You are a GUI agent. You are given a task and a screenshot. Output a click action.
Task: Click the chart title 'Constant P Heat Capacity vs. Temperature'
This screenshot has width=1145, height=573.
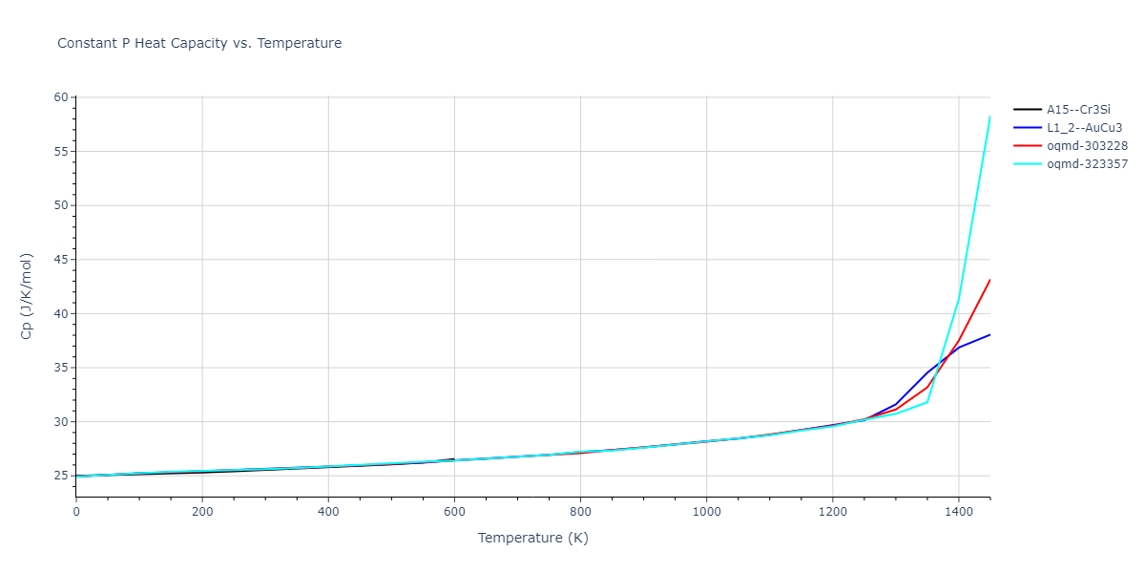(x=199, y=43)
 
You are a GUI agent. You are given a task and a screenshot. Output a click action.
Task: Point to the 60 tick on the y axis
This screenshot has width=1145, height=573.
(x=62, y=97)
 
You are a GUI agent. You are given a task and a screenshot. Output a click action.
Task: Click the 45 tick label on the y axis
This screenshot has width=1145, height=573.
(x=62, y=260)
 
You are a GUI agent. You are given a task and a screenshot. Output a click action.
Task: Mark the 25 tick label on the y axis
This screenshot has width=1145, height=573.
(x=62, y=476)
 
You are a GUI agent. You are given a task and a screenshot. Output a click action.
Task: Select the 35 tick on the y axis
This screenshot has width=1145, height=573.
(x=62, y=368)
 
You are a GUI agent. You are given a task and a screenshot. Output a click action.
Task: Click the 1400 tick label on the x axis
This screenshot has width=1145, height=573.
(x=958, y=512)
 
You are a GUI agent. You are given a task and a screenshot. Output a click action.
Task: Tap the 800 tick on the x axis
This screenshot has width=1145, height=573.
(x=580, y=512)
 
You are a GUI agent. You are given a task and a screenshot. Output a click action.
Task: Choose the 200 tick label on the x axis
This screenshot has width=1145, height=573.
(x=202, y=512)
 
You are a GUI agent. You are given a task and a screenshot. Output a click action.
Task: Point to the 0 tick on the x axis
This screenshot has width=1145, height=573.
(x=76, y=512)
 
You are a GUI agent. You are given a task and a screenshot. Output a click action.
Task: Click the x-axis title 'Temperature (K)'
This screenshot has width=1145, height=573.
(x=532, y=539)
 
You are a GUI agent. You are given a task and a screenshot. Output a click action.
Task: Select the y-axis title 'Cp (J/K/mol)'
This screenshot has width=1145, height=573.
(x=26, y=296)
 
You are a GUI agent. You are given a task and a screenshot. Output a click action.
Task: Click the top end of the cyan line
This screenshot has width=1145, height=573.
(x=989, y=117)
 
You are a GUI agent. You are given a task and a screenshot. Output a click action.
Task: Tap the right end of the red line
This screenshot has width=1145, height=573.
(x=989, y=280)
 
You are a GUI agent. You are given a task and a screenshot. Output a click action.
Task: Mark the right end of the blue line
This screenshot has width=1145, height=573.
(x=989, y=334)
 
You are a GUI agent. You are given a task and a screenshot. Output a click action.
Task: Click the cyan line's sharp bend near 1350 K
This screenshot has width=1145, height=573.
(x=926, y=402)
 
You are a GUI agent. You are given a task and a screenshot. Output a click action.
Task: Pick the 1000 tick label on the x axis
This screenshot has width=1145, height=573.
(x=706, y=512)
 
